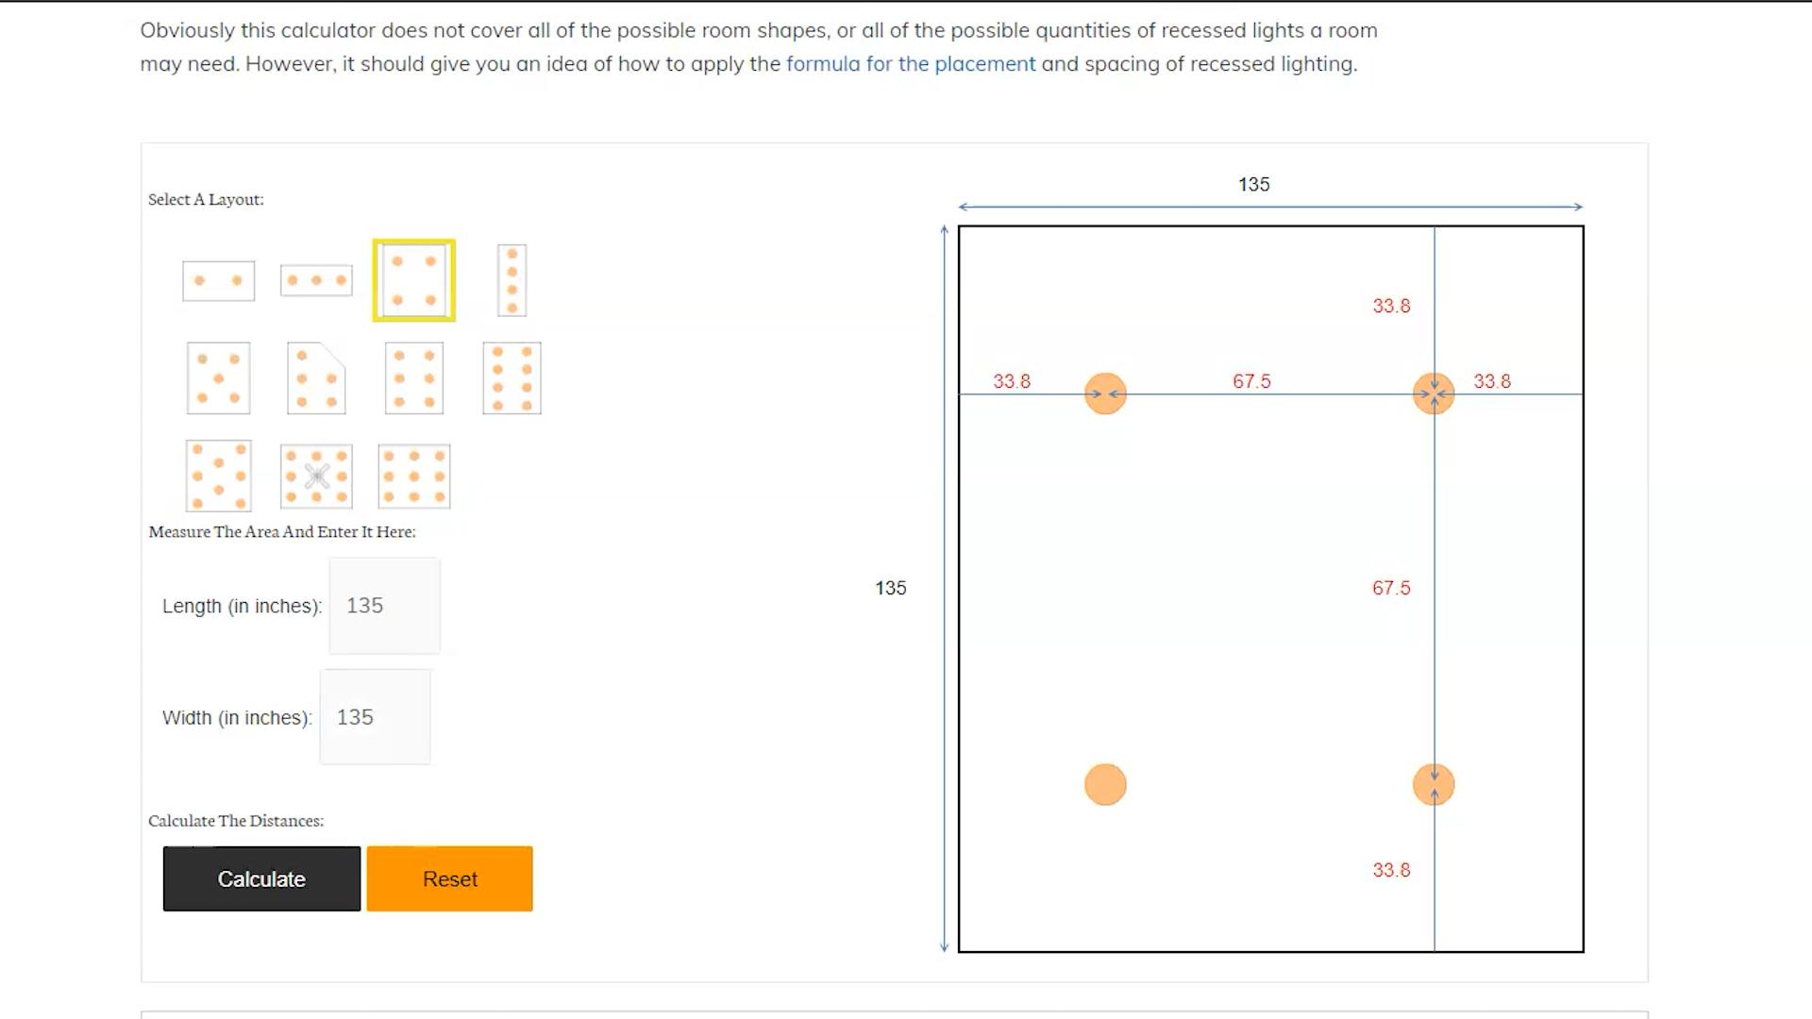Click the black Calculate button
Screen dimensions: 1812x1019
[x=261, y=878]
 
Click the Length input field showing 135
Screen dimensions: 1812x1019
[x=384, y=606]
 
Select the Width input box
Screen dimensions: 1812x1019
[x=376, y=717]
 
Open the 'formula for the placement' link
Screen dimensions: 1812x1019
[x=911, y=64]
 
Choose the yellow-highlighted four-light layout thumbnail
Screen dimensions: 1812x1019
[x=414, y=280]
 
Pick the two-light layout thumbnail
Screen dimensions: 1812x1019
[x=218, y=281]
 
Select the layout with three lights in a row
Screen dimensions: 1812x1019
[x=316, y=280]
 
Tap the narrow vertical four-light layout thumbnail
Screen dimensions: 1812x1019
[x=512, y=280]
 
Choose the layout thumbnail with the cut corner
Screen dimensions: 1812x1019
[x=316, y=378]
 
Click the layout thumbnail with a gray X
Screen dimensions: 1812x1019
[x=316, y=476]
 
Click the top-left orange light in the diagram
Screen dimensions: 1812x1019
[x=1105, y=393]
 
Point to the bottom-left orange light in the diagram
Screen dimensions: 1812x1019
[x=1105, y=785]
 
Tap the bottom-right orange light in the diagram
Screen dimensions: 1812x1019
[x=1434, y=785]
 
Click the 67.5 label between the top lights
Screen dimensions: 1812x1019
[x=1251, y=381]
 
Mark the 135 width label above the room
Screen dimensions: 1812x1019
[x=1254, y=185]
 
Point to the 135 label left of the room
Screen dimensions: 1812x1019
[x=891, y=588]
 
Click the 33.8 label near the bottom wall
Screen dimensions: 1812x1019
[x=1391, y=870]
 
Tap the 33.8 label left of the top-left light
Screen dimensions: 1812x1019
[x=1012, y=381]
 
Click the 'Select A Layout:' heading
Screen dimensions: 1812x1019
[x=206, y=199]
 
